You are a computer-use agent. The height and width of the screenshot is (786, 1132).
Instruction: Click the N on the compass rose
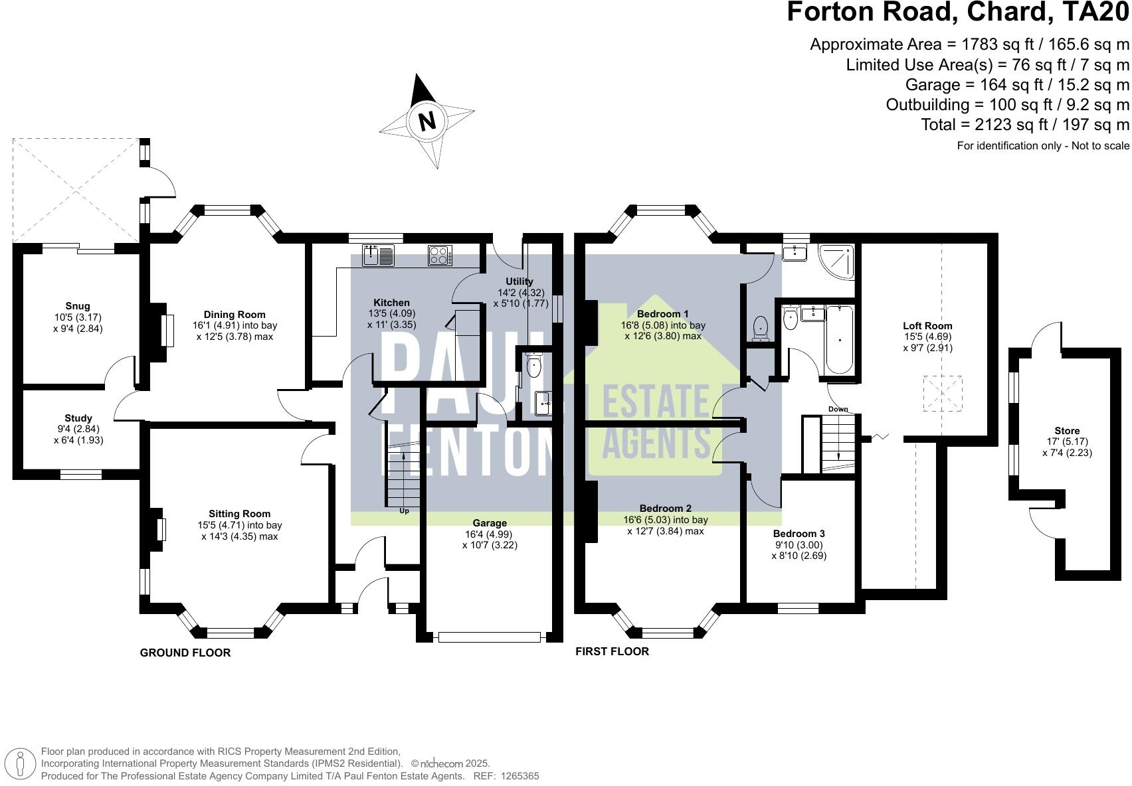[426, 121]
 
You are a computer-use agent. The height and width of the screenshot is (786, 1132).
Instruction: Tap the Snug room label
[78, 306]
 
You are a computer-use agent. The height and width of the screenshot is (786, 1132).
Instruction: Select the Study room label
[78, 418]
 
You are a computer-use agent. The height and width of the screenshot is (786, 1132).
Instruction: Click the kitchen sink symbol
[379, 255]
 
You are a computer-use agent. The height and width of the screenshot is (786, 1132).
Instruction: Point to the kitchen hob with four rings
[440, 256]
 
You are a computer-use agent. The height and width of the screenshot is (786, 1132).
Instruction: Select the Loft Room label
[927, 325]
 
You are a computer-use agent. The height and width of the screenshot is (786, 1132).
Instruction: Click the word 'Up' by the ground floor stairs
[404, 511]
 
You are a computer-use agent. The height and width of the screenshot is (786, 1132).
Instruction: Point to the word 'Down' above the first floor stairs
[838, 409]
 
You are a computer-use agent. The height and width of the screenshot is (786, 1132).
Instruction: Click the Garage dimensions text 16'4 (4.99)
[490, 534]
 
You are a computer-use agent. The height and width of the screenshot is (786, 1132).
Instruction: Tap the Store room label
[1067, 431]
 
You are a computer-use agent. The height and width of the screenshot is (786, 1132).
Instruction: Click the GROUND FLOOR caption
[185, 653]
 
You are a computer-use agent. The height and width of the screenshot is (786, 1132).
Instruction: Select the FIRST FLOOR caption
[612, 651]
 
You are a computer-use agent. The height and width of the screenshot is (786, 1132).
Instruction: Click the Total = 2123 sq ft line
[1024, 124]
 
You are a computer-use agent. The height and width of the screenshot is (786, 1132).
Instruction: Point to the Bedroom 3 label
[799, 534]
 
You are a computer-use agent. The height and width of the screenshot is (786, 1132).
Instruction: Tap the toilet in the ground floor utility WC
[534, 366]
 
